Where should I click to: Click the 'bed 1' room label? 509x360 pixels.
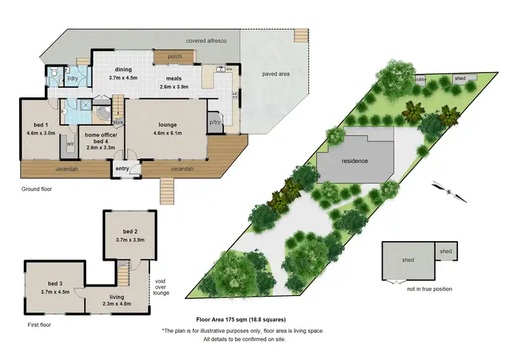click(x=35, y=125)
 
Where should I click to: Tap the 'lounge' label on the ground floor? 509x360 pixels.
click(x=168, y=125)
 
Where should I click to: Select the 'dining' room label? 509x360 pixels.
click(x=123, y=69)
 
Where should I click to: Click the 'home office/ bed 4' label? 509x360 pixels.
click(x=101, y=138)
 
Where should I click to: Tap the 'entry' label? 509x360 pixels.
click(x=123, y=168)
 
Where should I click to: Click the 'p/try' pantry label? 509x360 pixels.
click(x=216, y=122)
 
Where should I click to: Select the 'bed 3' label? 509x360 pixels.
click(x=55, y=283)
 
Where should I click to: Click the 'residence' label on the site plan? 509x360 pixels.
click(x=354, y=161)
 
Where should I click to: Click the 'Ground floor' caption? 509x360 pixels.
click(x=37, y=190)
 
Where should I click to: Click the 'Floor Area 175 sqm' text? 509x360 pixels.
click(x=241, y=319)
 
